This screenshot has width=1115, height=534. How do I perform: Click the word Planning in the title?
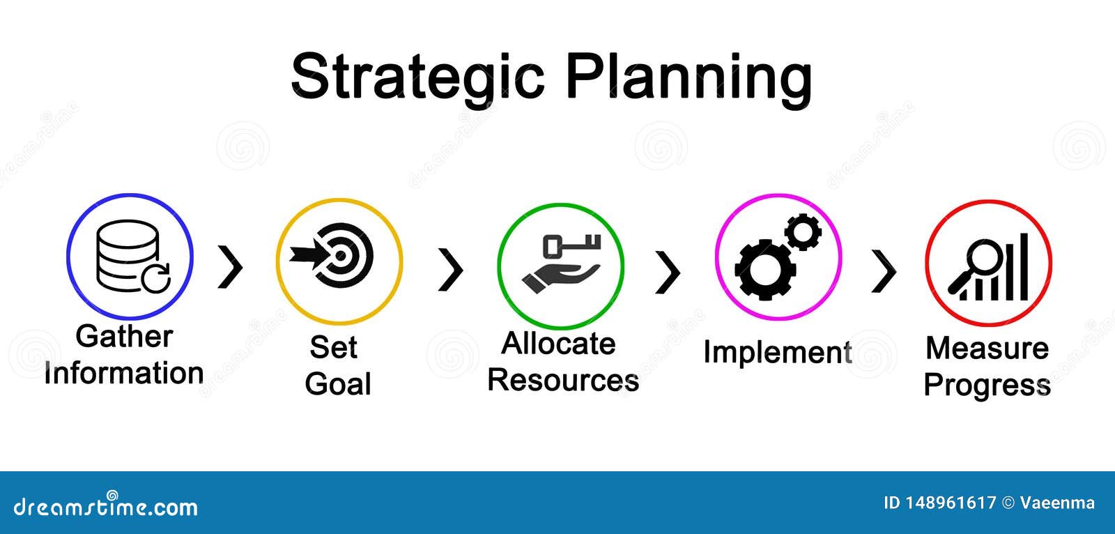click(689, 79)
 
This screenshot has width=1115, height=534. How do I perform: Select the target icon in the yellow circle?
click(332, 255)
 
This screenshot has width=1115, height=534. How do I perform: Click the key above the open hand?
click(571, 245)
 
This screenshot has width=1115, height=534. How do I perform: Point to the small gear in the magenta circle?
click(803, 231)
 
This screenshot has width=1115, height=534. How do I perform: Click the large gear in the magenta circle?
click(765, 270)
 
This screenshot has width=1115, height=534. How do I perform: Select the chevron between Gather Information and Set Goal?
click(230, 266)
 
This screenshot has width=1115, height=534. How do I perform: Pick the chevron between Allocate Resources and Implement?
click(668, 272)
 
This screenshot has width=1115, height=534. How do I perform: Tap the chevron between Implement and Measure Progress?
click(884, 271)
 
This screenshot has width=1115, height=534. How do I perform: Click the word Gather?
click(125, 336)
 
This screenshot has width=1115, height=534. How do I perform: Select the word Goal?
click(338, 384)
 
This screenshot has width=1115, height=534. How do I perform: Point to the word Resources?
click(563, 381)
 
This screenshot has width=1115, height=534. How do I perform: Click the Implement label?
click(778, 353)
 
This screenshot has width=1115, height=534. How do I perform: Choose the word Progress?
click(987, 386)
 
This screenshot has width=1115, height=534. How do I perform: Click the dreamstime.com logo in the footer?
click(105, 505)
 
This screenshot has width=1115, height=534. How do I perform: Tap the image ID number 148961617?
click(951, 503)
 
